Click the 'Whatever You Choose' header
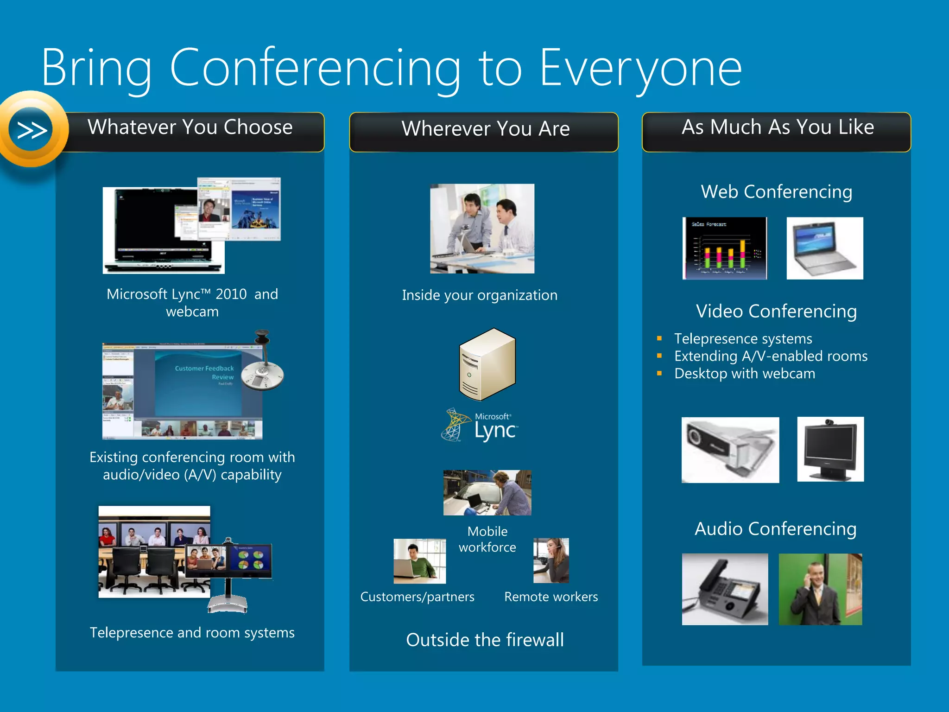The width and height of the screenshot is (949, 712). point(190,127)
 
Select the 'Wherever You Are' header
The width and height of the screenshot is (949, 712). point(485,129)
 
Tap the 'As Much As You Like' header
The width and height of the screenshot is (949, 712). point(777,127)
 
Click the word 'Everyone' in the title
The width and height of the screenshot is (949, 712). point(640,69)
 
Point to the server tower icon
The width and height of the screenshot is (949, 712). point(487,364)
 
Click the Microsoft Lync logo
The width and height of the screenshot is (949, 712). point(480,425)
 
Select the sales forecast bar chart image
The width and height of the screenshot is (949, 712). point(724,248)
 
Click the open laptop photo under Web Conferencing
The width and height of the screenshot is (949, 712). point(824,248)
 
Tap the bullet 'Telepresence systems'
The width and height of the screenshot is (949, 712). point(743,339)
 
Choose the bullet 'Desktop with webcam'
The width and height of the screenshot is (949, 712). point(744,374)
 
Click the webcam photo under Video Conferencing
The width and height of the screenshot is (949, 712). point(730,450)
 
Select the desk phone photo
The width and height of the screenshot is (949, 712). point(724,589)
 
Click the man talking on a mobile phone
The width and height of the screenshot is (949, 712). point(820,589)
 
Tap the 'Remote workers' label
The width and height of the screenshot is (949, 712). point(550,597)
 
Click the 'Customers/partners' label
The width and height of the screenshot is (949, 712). point(417,597)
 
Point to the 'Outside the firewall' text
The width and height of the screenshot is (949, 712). point(485,640)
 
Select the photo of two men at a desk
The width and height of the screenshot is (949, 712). point(482,229)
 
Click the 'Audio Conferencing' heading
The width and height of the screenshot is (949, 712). point(775,529)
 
